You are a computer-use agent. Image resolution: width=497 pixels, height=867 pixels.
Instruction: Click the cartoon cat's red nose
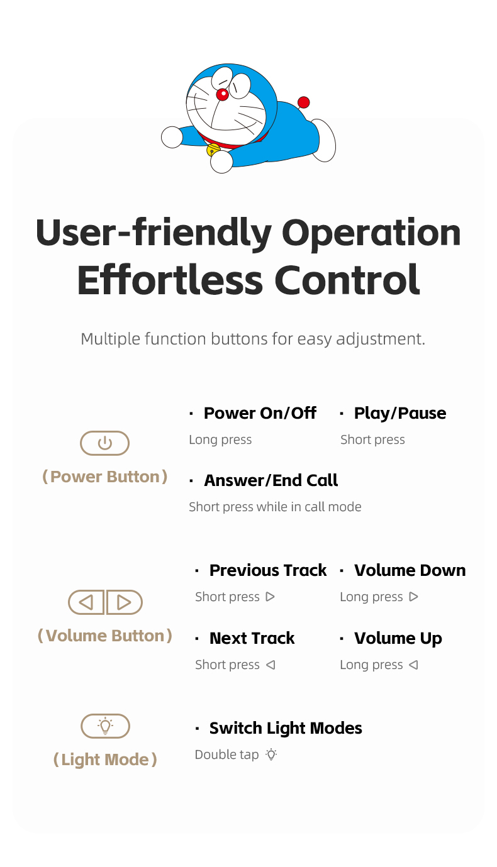(x=222, y=94)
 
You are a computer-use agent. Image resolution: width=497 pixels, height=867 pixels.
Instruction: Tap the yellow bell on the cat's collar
(x=213, y=150)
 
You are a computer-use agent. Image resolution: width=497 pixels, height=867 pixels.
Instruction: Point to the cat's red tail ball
(x=304, y=102)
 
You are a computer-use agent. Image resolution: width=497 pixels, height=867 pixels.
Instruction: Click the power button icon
(x=104, y=443)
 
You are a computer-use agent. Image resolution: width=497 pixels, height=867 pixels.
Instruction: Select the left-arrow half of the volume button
(x=86, y=602)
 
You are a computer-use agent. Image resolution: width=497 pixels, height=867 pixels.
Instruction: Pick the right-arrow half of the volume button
(x=125, y=602)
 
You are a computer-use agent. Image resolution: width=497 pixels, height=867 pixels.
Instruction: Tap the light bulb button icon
(x=105, y=726)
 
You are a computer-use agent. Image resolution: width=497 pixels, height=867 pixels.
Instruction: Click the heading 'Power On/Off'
(x=260, y=413)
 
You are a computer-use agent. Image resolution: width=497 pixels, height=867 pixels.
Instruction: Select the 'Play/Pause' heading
(x=400, y=413)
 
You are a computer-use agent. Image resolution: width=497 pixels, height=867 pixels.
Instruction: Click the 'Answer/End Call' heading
(x=271, y=480)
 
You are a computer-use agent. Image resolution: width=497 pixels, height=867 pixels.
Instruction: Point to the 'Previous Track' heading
(x=268, y=570)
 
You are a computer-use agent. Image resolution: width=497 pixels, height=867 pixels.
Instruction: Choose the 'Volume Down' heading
(x=410, y=570)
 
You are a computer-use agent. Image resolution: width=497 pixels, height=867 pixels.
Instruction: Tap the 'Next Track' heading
(x=252, y=638)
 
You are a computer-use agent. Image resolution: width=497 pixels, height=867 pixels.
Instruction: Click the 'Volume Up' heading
(x=398, y=639)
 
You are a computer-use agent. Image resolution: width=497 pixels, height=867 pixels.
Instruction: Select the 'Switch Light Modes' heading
(x=286, y=729)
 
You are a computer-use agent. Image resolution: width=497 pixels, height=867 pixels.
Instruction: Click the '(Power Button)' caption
(x=104, y=477)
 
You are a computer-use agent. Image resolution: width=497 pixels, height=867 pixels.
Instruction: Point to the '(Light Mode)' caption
(x=105, y=759)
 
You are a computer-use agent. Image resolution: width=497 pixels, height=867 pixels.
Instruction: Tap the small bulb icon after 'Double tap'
(x=272, y=754)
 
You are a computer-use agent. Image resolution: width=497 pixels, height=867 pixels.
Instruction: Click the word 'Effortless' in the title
(x=170, y=279)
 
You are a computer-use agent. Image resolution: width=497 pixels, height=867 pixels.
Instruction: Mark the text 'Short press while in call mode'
(x=275, y=507)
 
